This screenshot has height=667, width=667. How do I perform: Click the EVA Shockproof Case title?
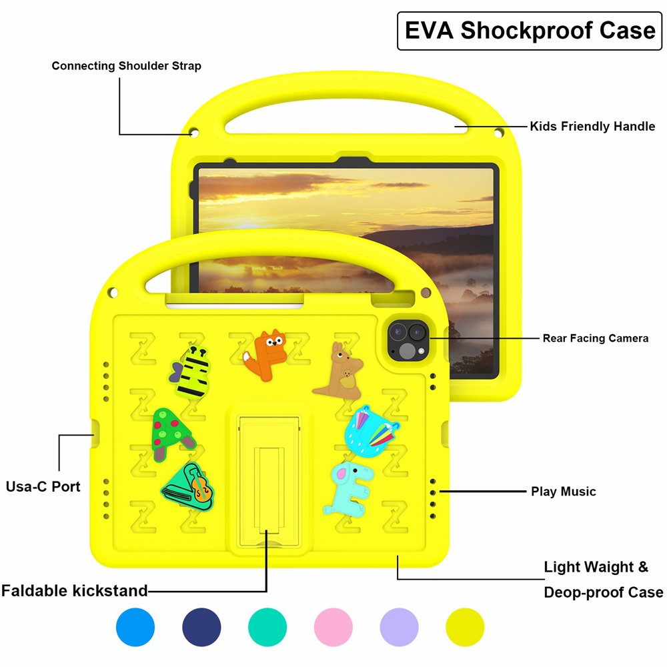(x=530, y=31)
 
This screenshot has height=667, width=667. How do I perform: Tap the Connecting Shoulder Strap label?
(x=126, y=66)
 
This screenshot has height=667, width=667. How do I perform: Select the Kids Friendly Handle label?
(x=592, y=126)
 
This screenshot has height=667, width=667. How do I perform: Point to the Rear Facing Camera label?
(x=595, y=338)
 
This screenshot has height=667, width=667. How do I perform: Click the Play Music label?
(x=563, y=492)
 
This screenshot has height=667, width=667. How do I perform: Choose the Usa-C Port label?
(x=43, y=486)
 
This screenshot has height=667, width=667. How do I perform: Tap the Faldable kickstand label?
(x=74, y=590)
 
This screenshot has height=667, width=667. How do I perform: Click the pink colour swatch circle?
(x=333, y=628)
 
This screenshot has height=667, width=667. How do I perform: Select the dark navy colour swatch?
(x=201, y=628)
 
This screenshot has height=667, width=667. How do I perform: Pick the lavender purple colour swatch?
(x=399, y=628)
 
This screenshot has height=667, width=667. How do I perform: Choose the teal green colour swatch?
(x=267, y=628)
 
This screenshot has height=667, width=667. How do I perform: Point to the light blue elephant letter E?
(x=348, y=488)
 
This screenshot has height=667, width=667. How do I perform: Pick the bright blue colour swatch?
(x=135, y=628)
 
